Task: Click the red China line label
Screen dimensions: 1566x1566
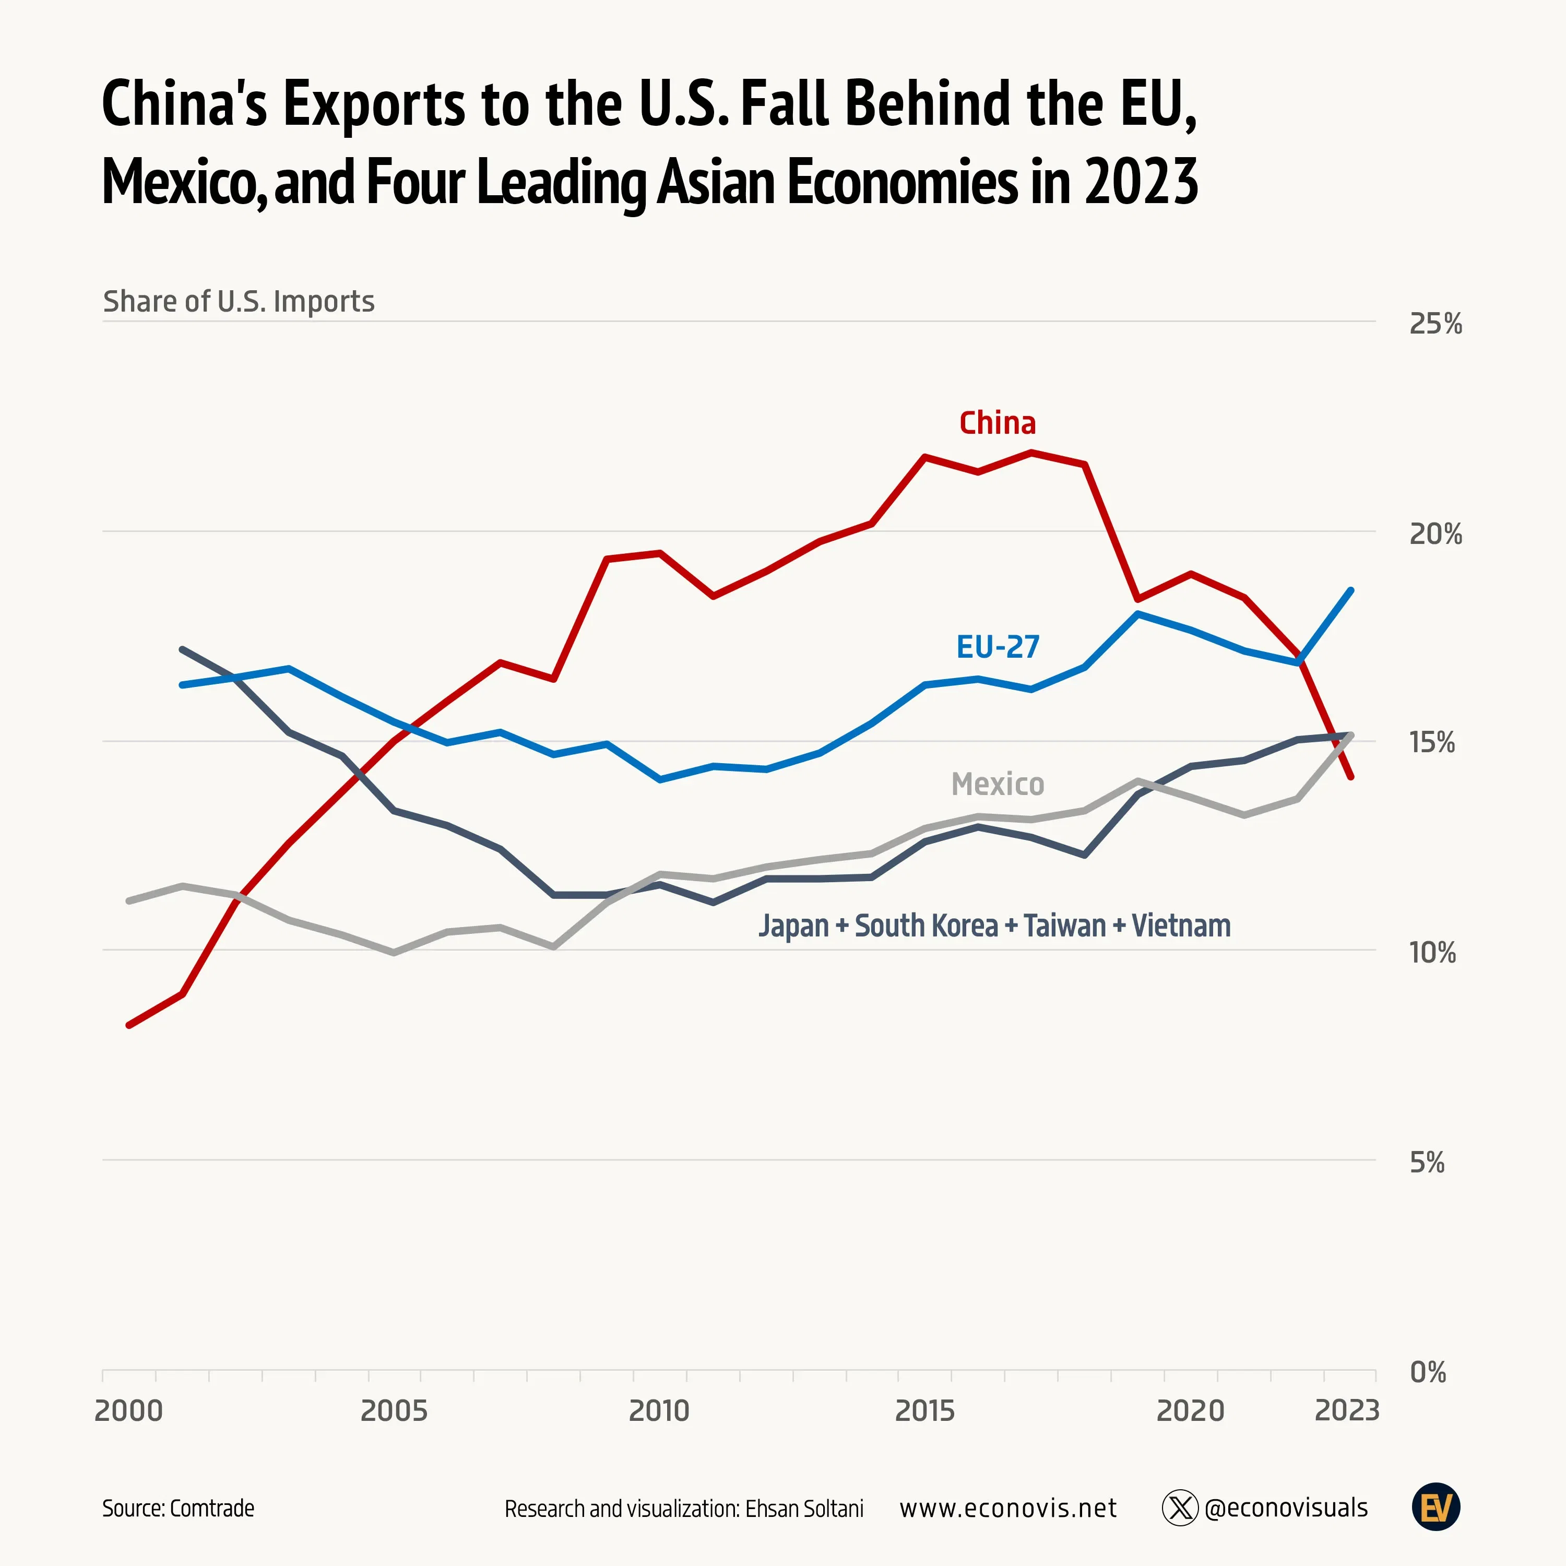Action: click(x=997, y=423)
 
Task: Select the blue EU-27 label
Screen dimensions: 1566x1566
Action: click(x=997, y=647)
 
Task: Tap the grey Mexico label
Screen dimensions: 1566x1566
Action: click(x=997, y=784)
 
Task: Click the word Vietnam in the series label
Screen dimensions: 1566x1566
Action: click(x=1180, y=926)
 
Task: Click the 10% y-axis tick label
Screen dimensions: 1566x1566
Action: click(x=1432, y=953)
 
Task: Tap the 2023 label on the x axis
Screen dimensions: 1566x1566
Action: click(x=1346, y=1411)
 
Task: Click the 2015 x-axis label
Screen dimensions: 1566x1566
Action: click(x=925, y=1411)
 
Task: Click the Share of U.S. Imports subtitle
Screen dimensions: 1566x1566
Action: click(x=239, y=302)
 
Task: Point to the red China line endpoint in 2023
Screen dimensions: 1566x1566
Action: click(x=1350, y=777)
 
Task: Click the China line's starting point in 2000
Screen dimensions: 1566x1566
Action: click(x=129, y=1025)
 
